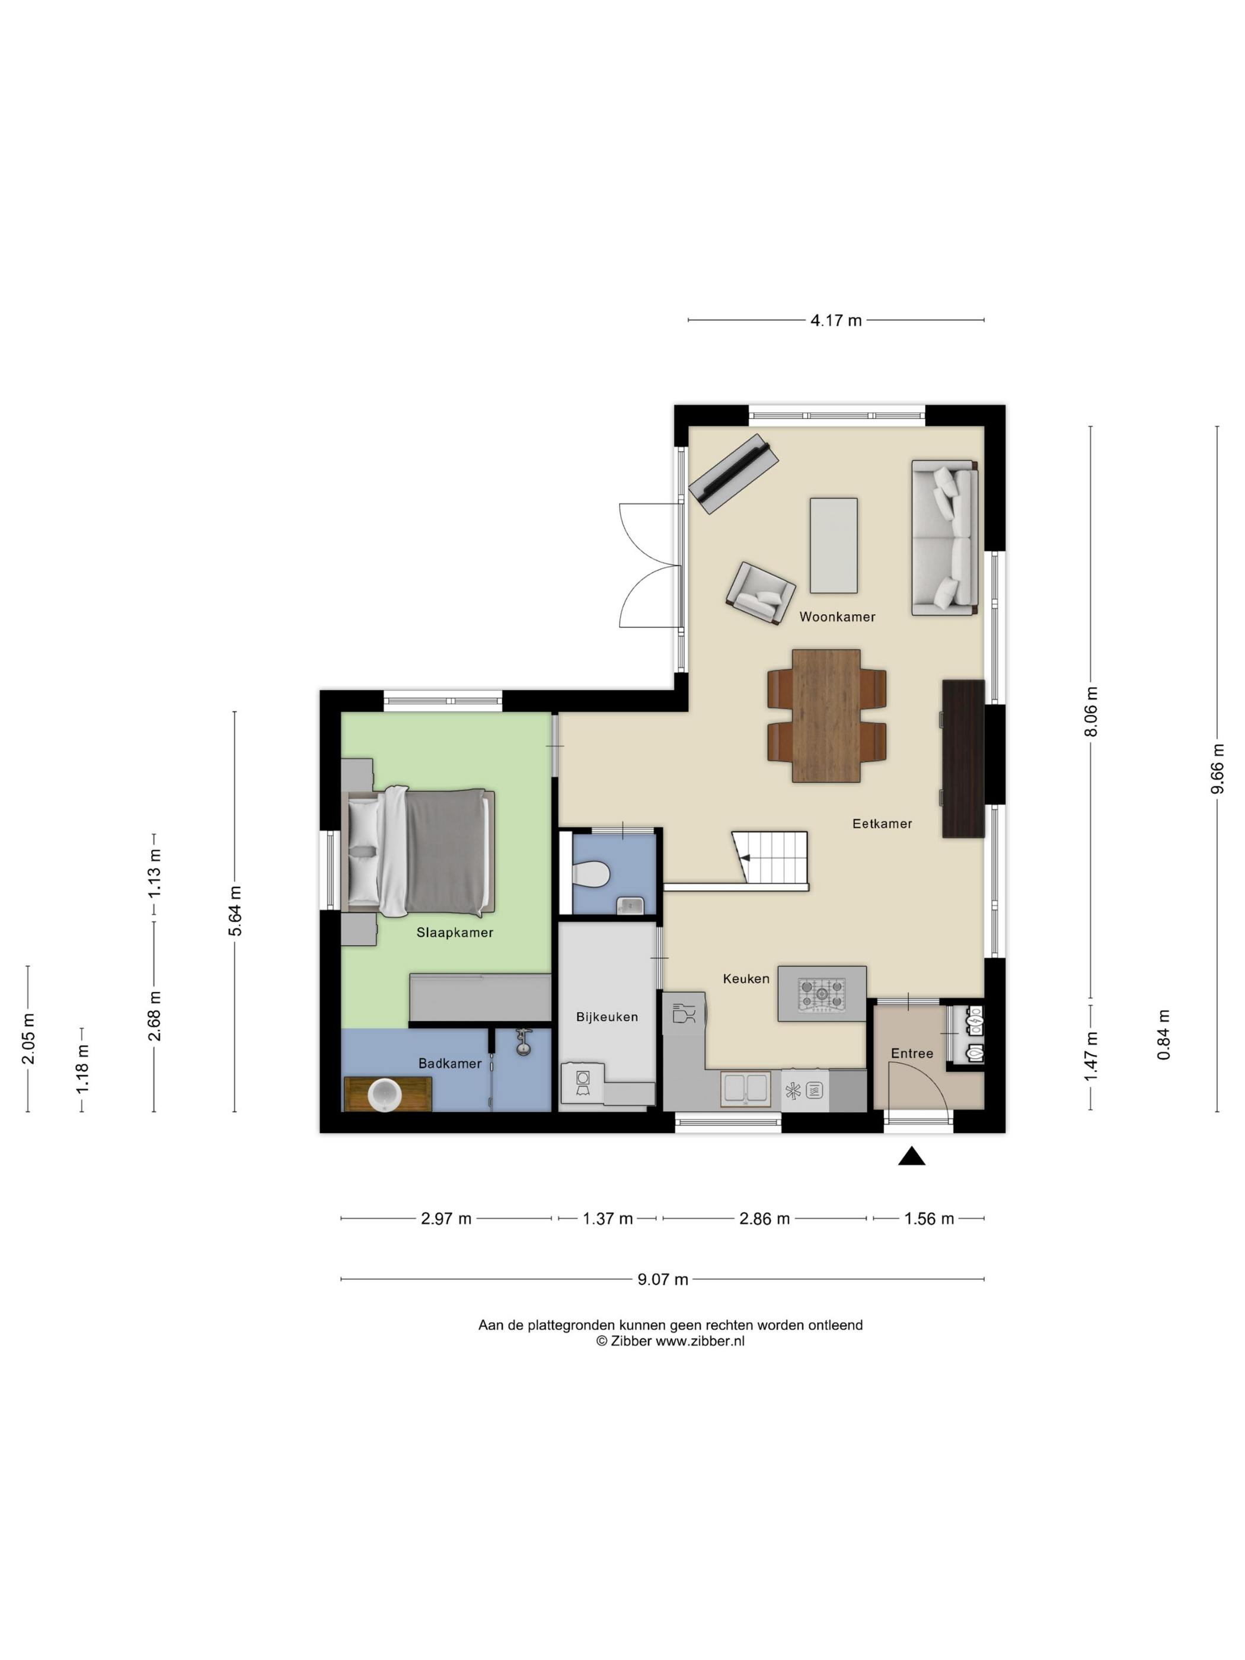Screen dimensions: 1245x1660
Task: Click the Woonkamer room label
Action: coord(837,617)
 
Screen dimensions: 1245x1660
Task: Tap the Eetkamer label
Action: coord(882,823)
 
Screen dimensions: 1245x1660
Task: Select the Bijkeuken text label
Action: coord(606,1017)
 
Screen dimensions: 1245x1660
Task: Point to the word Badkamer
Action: coord(449,1064)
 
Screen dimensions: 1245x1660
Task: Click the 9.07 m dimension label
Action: coord(663,1279)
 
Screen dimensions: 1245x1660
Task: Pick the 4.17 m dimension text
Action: coord(836,321)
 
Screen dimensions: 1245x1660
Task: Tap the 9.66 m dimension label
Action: coord(1217,768)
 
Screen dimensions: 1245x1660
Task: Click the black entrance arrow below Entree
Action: coord(912,1157)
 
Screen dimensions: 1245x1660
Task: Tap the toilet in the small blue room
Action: coord(590,873)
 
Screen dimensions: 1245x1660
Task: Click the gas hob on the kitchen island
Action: coord(822,994)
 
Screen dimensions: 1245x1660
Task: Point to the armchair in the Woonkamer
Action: coord(760,593)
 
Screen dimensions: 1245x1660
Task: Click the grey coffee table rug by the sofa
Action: coord(834,545)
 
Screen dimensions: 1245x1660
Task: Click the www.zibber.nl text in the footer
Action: coord(700,1341)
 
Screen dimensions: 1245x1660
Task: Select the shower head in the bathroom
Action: coord(522,1040)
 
